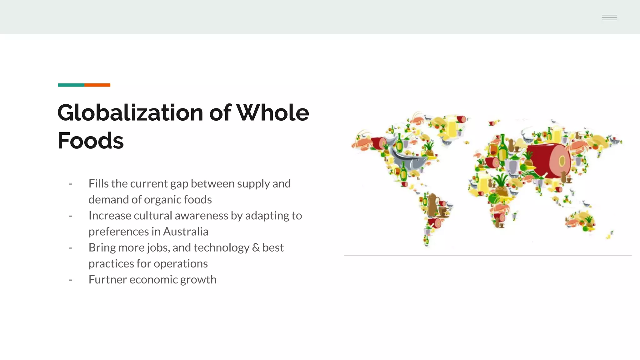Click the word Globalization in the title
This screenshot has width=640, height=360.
130,113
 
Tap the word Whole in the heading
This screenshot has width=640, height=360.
272,113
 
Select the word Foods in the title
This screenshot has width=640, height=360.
91,141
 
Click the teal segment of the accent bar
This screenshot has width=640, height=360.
71,85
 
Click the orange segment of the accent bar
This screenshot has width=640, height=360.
97,85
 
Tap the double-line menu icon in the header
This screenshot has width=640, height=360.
609,18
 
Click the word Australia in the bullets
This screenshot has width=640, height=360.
185,232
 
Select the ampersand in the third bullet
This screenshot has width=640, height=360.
256,248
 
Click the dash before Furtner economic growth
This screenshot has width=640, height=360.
71,280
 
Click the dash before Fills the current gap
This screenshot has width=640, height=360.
71,184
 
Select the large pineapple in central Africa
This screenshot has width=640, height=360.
502,186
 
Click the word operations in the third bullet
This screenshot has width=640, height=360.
181,264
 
